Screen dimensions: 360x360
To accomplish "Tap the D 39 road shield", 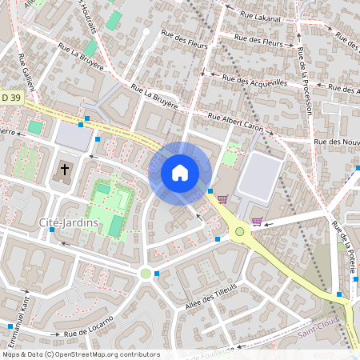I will click(10, 97).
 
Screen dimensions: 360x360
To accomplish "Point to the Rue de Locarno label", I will click(89, 328).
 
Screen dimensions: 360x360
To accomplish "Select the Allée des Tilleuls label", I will click(212, 295).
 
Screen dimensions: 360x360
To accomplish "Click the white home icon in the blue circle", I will click(180, 173).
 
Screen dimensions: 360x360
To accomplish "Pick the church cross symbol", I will click(65, 170).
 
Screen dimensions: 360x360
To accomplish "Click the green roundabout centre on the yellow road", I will click(239, 232).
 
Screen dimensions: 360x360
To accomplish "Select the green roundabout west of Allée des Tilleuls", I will click(146, 274).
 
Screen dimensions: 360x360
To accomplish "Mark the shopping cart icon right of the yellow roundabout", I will click(257, 222).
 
